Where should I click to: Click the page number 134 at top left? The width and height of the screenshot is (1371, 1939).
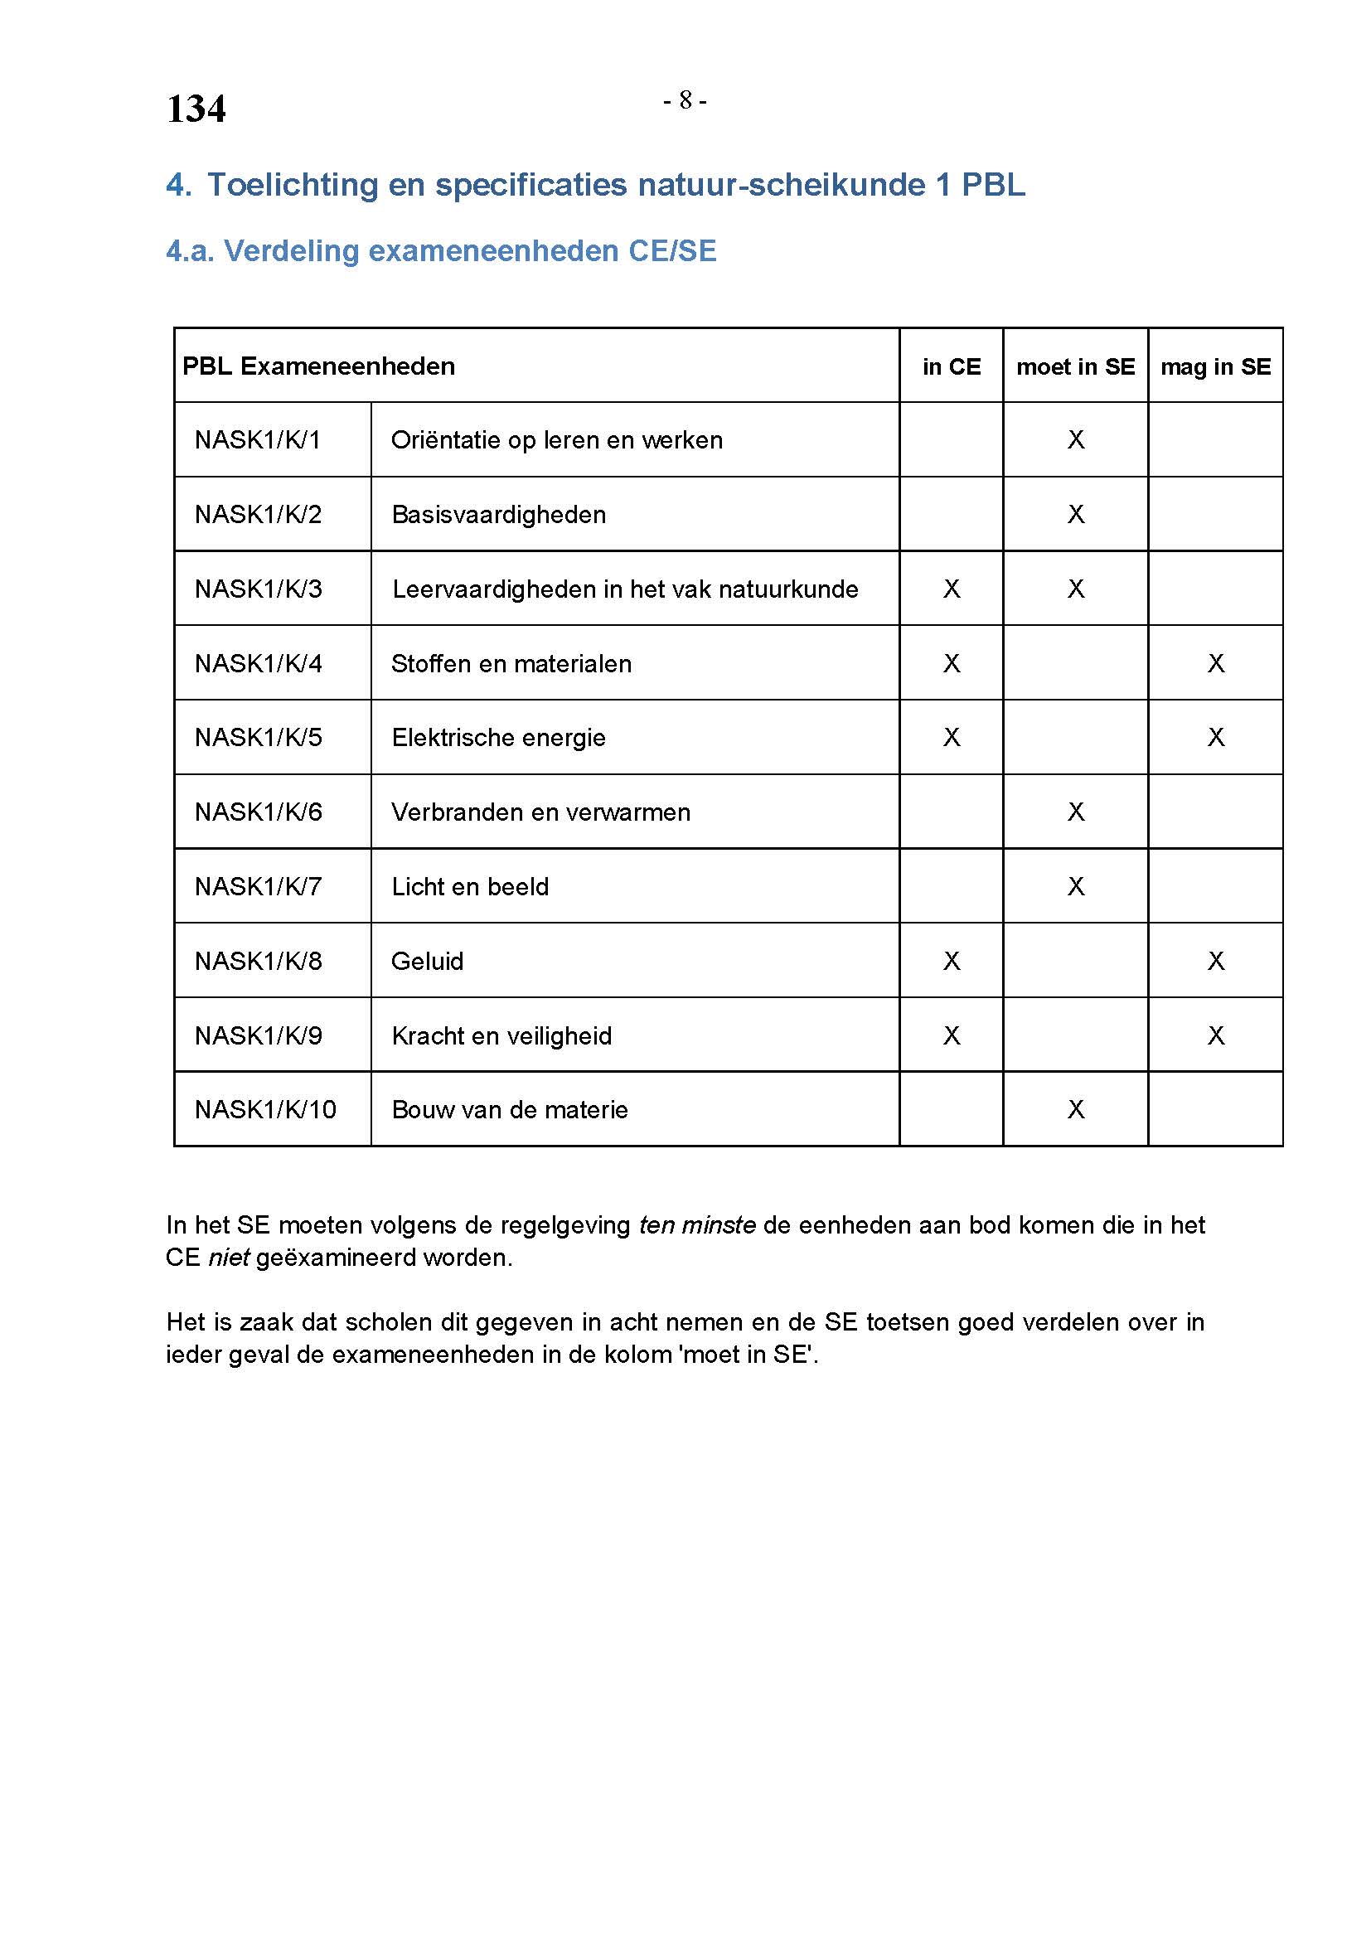pyautogui.click(x=196, y=109)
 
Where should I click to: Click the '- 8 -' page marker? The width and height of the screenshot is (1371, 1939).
pyautogui.click(x=685, y=100)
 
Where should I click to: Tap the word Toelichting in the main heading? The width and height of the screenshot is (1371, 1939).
pyautogui.click(x=293, y=184)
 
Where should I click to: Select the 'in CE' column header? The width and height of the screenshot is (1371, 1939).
pyautogui.click(x=952, y=366)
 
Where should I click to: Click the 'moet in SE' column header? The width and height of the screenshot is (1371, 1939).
pyautogui.click(x=1075, y=366)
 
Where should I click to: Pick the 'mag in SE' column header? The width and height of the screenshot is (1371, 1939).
pyautogui.click(x=1215, y=366)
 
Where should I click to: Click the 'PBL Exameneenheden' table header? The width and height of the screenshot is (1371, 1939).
pyautogui.click(x=318, y=366)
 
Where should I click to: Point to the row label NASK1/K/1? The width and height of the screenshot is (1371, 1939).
pyautogui.click(x=258, y=440)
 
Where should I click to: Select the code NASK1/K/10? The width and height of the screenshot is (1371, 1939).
pyautogui.click(x=265, y=1109)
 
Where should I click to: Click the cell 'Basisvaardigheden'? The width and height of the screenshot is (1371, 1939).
pyautogui.click(x=498, y=514)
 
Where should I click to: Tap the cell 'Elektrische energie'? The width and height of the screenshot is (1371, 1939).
pyautogui.click(x=498, y=737)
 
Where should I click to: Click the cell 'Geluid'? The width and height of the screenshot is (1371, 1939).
pyautogui.click(x=427, y=961)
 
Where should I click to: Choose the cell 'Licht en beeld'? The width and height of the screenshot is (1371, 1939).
pyautogui.click(x=470, y=887)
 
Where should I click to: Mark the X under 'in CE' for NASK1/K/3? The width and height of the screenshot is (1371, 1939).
pyautogui.click(x=952, y=589)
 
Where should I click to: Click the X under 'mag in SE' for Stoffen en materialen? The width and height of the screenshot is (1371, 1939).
pyautogui.click(x=1216, y=663)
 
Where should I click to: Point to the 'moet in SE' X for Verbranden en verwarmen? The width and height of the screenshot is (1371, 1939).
pyautogui.click(x=1076, y=812)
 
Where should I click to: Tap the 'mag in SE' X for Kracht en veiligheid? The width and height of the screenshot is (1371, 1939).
pyautogui.click(x=1216, y=1035)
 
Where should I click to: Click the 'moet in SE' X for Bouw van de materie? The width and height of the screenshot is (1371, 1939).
pyautogui.click(x=1076, y=1109)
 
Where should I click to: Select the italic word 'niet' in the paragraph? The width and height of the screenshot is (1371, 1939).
pyautogui.click(x=228, y=1258)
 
